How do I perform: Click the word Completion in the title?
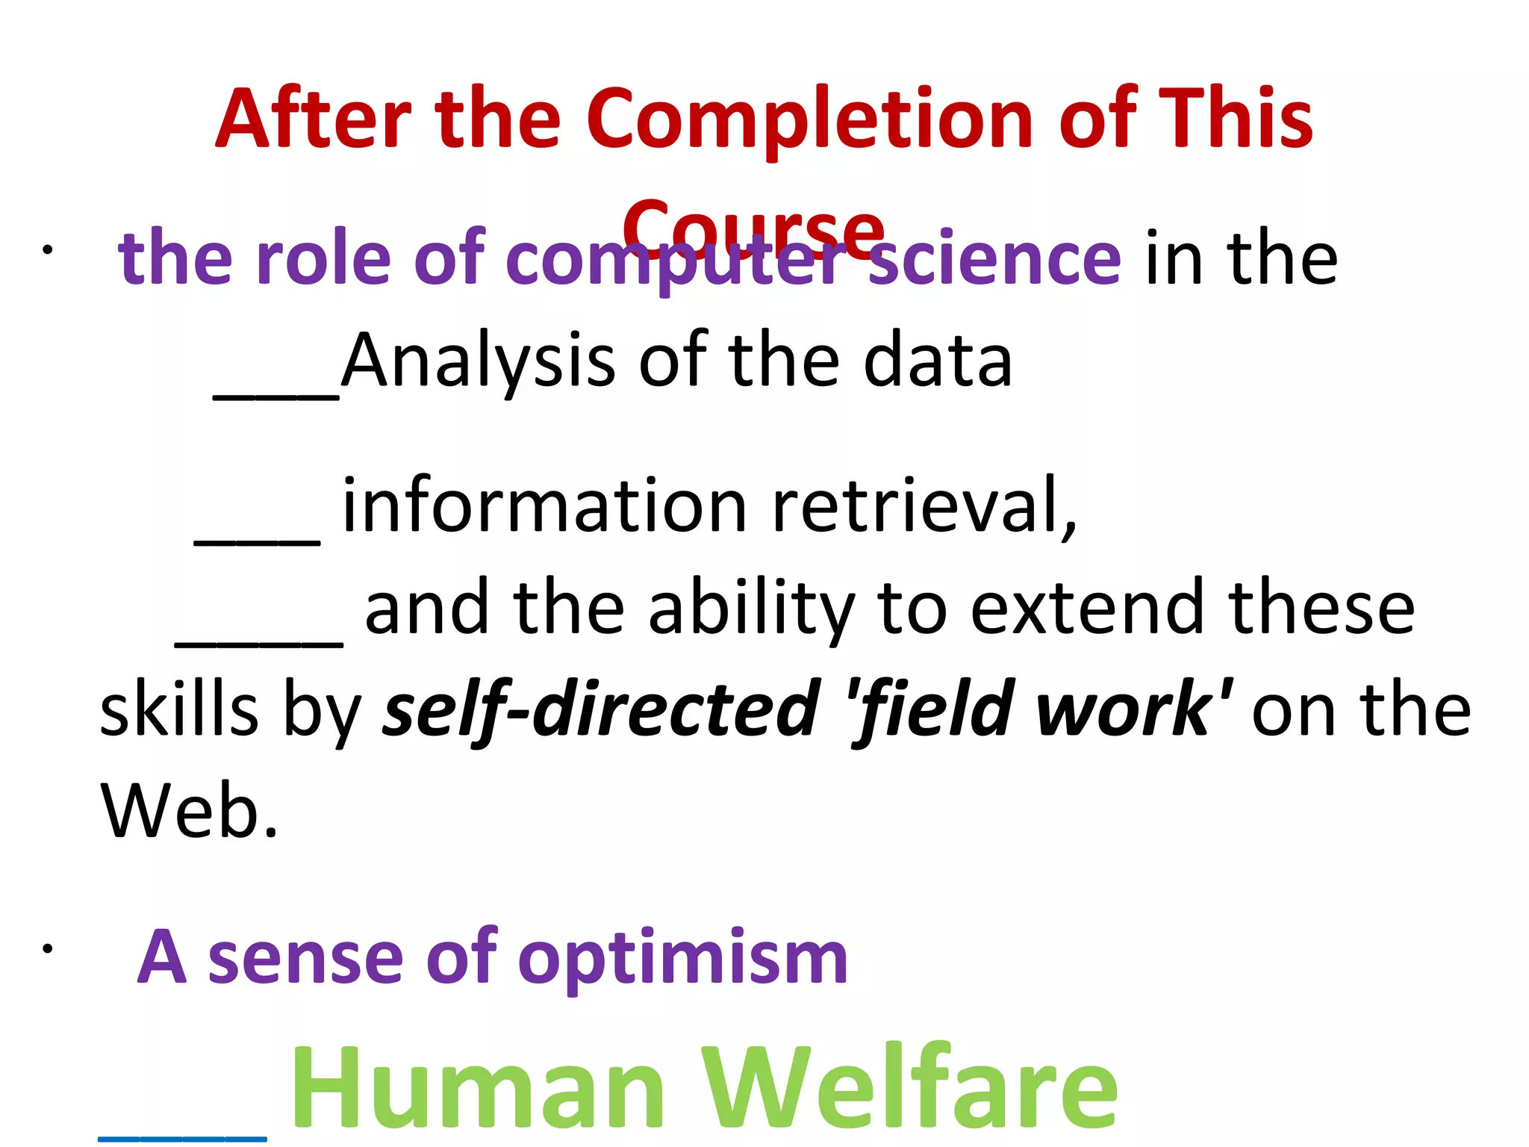point(810,119)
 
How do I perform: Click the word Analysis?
point(478,362)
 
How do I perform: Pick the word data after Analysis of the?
point(938,362)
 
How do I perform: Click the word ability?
point(750,609)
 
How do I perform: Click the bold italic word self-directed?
point(601,709)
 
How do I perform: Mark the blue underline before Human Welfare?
point(182,1139)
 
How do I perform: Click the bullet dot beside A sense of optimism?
point(47,949)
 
